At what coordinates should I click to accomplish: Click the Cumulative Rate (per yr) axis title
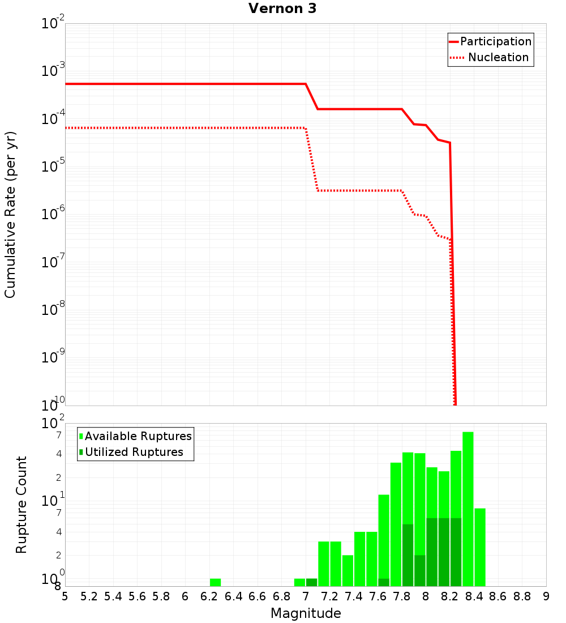[10, 214]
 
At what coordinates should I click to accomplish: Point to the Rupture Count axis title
[22, 505]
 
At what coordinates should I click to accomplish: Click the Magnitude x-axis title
[306, 613]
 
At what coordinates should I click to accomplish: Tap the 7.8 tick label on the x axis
[402, 596]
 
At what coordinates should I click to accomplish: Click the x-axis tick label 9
[546, 596]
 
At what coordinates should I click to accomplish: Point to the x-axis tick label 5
[65, 596]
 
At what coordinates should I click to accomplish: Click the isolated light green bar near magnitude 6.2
[215, 582]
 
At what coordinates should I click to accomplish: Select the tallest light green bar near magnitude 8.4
[468, 510]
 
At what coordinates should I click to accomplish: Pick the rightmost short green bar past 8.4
[480, 547]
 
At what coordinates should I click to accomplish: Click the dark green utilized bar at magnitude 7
[311, 582]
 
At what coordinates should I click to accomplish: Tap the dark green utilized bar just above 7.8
[408, 555]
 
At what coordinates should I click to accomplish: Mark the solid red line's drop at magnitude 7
[312, 96]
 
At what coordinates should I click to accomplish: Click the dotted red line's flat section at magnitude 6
[185, 128]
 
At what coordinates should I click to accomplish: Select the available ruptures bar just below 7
[299, 582]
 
